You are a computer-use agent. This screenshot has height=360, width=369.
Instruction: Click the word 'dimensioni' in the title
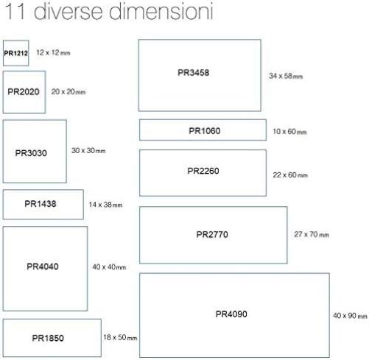(161, 11)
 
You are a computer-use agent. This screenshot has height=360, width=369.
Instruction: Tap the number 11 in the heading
(15, 11)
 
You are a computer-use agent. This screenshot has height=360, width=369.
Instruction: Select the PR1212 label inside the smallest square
(16, 53)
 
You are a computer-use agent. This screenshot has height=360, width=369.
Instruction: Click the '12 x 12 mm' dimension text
(53, 52)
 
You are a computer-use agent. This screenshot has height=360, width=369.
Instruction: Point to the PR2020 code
(24, 92)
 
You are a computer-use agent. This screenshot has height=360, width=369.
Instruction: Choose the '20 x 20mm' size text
(68, 92)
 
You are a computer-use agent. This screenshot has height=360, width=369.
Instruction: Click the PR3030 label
(31, 153)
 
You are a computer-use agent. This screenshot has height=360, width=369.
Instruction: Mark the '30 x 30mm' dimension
(88, 150)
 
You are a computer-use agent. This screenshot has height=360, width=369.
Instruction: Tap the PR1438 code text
(41, 204)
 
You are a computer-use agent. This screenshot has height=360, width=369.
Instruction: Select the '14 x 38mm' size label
(105, 205)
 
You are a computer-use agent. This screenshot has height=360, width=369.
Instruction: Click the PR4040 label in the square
(43, 267)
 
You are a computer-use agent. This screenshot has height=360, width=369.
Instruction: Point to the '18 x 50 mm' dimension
(120, 337)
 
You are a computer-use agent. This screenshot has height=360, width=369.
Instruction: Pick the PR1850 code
(48, 338)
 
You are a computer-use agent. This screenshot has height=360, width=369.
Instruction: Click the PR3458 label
(194, 73)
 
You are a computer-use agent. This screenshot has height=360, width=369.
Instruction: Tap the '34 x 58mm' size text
(286, 76)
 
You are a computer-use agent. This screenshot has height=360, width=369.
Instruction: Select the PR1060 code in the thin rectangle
(205, 131)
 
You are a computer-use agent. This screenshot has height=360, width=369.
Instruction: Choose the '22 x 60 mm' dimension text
(290, 175)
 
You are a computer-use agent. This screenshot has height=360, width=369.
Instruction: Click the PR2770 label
(212, 235)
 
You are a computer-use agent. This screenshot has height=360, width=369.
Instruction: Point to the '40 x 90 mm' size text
(350, 316)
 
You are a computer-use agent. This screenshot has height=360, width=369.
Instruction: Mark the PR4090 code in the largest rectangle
(231, 314)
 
